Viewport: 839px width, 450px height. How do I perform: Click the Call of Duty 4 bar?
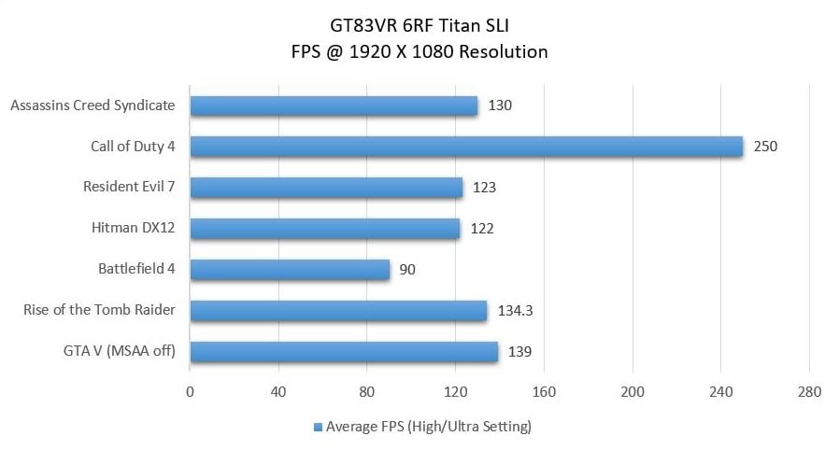coord(466,147)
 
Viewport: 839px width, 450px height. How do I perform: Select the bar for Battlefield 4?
coord(290,270)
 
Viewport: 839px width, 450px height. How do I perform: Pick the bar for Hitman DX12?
coord(324,229)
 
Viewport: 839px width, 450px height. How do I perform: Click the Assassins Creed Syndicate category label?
coord(92,105)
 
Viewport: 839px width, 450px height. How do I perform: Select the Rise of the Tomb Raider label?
coord(99,311)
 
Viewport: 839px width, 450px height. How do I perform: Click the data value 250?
coord(765,147)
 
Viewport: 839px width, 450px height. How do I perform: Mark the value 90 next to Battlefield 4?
coord(406,270)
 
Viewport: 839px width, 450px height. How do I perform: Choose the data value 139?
coord(520,352)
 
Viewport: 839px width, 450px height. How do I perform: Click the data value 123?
coord(483,188)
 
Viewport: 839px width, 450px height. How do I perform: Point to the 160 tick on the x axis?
coord(545,392)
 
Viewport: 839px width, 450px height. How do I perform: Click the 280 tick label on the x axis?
coord(809,392)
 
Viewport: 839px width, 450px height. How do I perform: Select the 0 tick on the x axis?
coord(191,392)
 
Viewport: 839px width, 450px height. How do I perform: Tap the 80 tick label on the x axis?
coord(367,392)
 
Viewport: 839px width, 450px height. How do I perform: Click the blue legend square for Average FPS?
coord(318,428)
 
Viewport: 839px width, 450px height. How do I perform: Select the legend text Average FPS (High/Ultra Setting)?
coord(428,428)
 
